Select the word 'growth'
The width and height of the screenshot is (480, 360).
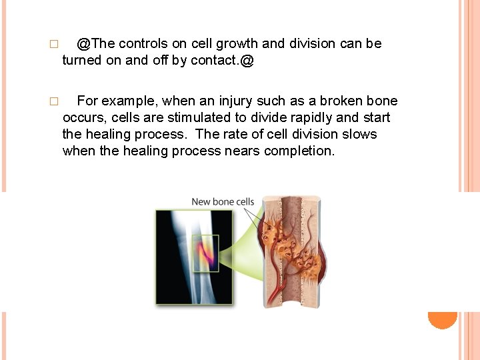point(237,44)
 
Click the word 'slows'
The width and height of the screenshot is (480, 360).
point(361,135)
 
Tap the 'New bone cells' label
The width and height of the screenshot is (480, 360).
point(223,201)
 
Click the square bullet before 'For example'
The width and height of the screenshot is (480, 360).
point(54,102)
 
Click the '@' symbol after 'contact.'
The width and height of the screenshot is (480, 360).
point(248,61)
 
